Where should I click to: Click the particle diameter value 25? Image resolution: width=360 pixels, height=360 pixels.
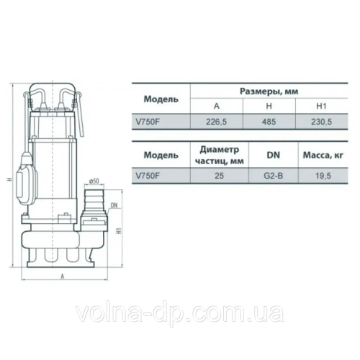[217, 174]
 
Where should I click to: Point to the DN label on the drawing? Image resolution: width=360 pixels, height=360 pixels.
[116, 206]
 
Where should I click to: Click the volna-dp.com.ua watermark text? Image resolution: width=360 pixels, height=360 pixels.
[179, 314]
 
